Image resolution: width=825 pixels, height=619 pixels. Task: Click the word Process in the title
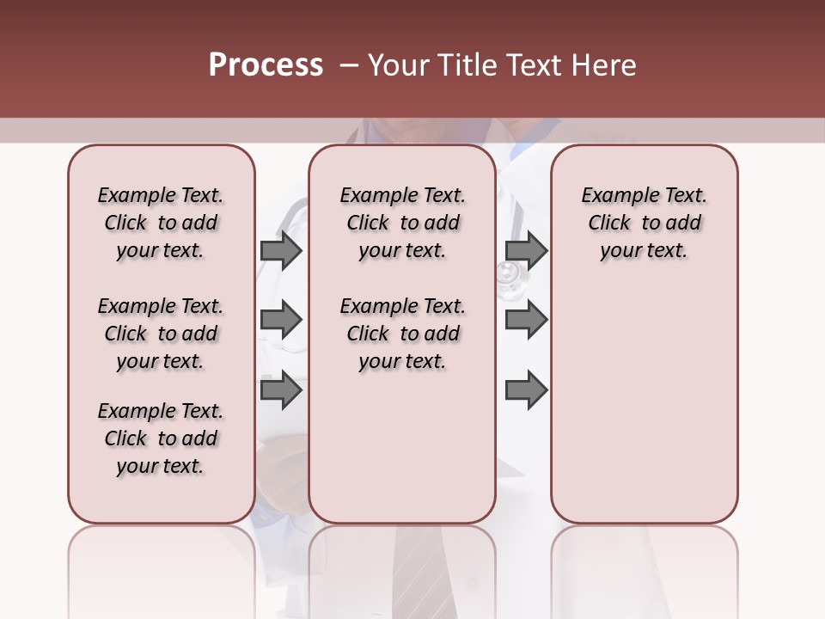pos(266,65)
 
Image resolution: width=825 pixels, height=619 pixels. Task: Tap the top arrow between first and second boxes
pos(281,250)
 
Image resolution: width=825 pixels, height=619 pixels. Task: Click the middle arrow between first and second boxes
pos(281,320)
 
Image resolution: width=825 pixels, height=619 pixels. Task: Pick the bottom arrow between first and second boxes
pos(281,390)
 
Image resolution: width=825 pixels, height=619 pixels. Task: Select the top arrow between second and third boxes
pos(526,250)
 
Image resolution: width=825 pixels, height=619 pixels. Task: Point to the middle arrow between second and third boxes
pos(526,320)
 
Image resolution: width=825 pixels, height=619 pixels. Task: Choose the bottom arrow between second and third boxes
pos(526,390)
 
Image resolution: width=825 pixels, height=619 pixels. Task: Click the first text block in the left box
pos(161,223)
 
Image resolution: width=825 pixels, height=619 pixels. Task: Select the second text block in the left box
pos(161,334)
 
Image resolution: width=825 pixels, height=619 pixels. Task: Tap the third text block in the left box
pos(161,438)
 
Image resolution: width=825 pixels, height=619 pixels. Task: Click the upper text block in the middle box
pos(402,223)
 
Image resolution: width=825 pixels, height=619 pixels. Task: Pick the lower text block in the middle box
pos(402,334)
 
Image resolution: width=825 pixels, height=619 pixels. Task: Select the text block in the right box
pos(645,223)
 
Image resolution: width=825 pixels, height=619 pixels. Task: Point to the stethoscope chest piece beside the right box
pos(508,274)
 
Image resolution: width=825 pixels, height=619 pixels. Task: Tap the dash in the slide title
pos(348,65)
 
